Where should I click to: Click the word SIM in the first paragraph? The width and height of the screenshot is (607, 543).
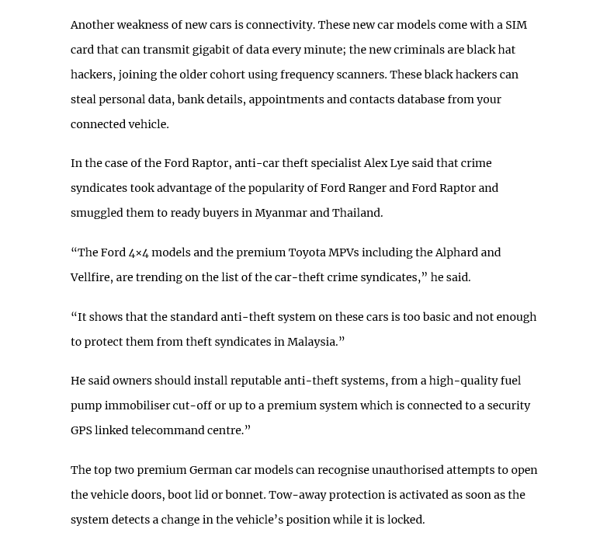click(x=516, y=25)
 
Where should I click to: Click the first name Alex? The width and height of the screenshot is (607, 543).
click(x=376, y=163)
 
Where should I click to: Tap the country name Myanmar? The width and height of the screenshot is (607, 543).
click(x=280, y=213)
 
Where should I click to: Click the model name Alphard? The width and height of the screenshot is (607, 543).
click(x=456, y=252)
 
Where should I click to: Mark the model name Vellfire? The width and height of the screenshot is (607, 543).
click(x=89, y=277)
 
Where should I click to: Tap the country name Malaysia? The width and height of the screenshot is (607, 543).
click(x=311, y=342)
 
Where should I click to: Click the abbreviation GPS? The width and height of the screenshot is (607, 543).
click(x=81, y=430)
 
